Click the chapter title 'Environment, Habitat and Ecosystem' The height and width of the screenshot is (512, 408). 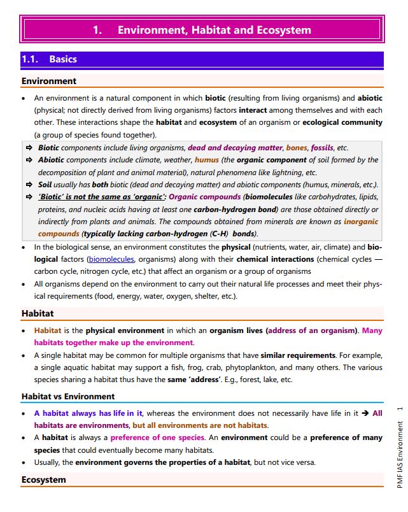click(x=214, y=30)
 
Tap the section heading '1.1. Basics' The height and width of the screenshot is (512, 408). click(x=49, y=59)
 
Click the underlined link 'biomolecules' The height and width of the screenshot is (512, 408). click(x=111, y=259)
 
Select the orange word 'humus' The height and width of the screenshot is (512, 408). click(x=206, y=160)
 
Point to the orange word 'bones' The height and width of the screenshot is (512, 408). click(x=297, y=148)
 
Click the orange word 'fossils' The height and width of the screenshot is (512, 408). click(x=322, y=148)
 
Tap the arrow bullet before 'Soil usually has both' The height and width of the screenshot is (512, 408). click(x=29, y=185)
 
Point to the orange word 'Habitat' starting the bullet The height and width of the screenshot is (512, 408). click(x=48, y=331)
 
